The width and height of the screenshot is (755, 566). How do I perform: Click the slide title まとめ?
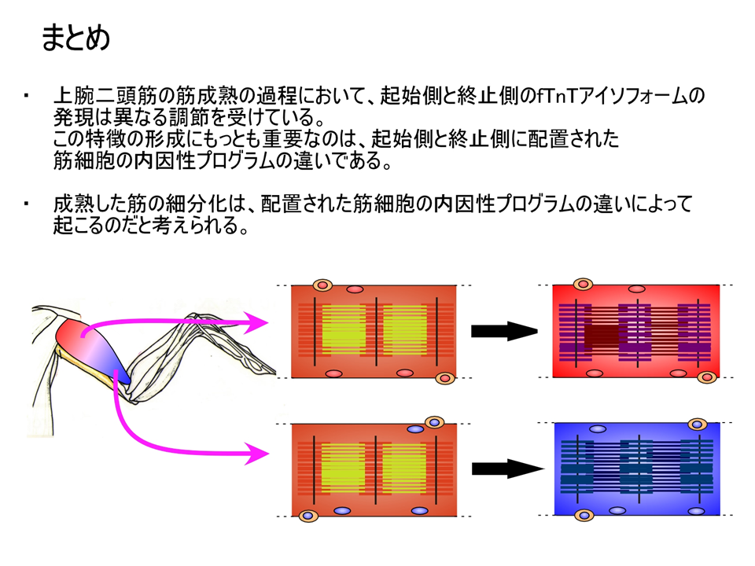(75, 38)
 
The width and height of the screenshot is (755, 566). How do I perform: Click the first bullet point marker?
(26, 95)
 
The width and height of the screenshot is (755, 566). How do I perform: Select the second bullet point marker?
(26, 204)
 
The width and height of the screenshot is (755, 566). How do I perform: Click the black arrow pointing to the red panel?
(504, 331)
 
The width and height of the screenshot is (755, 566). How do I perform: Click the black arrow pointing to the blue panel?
(508, 469)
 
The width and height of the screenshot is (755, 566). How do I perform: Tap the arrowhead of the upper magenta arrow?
(255, 322)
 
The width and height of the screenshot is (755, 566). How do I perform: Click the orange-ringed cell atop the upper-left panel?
(322, 285)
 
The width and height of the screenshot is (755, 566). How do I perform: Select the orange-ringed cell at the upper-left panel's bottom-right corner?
(445, 378)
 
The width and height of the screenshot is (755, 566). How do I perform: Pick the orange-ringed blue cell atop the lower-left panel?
(434, 423)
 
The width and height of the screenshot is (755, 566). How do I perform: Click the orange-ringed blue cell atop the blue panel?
(698, 424)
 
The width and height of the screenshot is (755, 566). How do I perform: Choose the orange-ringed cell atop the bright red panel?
(583, 284)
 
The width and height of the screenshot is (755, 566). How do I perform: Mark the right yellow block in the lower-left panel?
(404, 467)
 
